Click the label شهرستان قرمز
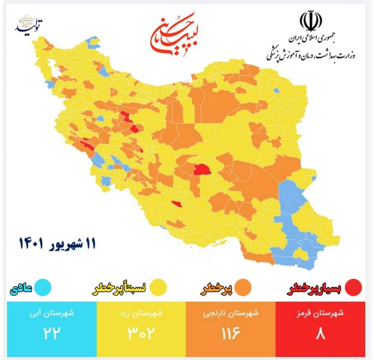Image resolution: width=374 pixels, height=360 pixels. (321, 314)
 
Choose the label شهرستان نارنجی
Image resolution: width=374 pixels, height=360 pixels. (230, 314)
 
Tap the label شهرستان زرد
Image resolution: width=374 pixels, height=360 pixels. (141, 314)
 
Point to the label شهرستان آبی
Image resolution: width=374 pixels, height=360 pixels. (52, 314)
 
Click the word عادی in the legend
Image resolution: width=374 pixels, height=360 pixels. (21, 288)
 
